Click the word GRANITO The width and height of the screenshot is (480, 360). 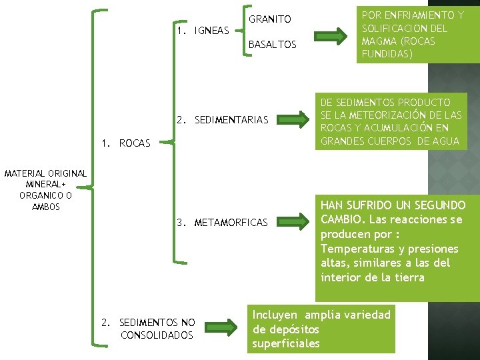[x=269, y=19]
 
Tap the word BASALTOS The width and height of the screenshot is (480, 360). [x=272, y=45]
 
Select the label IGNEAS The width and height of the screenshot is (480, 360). [x=211, y=31]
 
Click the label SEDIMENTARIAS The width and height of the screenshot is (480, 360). [x=231, y=120]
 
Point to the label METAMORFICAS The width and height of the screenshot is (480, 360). [x=231, y=222]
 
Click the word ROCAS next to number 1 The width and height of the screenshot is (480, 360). [x=135, y=143]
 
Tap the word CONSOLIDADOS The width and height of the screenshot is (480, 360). [x=157, y=335]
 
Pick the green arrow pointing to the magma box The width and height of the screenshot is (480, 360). [x=331, y=33]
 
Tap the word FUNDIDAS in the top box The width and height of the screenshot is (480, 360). [x=387, y=54]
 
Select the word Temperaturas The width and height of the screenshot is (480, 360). [x=355, y=249]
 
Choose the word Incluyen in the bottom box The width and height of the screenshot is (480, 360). [x=276, y=315]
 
